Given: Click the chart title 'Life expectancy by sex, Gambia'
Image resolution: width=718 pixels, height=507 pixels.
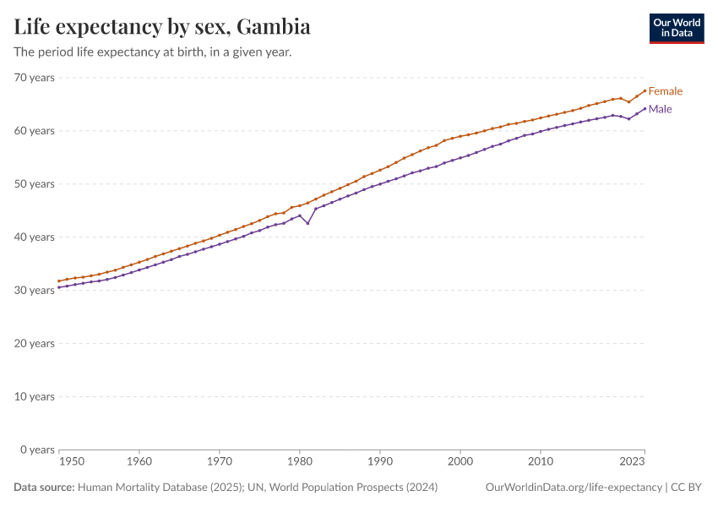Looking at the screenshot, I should click(x=162, y=27).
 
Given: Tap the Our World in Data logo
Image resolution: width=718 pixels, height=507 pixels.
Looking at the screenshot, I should click(x=676, y=28).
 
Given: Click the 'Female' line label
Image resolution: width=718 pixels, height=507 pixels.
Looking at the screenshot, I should click(x=665, y=91).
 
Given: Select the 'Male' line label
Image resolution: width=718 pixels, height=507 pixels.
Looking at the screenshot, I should click(x=660, y=109).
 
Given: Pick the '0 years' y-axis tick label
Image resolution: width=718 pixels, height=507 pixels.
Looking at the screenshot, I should click(x=37, y=450).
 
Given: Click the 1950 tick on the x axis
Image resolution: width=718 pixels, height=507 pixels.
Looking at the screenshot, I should click(x=72, y=462).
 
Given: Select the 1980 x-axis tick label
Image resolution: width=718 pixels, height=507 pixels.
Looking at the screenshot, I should click(x=299, y=462).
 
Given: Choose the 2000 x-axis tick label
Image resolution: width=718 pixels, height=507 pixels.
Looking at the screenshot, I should click(x=460, y=462).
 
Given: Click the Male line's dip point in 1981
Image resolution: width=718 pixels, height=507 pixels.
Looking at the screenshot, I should click(x=307, y=223).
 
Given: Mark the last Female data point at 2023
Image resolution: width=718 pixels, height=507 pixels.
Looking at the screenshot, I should click(x=645, y=90).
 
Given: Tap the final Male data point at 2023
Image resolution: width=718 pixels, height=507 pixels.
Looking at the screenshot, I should click(x=645, y=108).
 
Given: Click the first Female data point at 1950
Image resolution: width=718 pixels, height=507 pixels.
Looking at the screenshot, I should click(x=58, y=281).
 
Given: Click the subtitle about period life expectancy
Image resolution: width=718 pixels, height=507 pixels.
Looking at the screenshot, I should click(x=153, y=52).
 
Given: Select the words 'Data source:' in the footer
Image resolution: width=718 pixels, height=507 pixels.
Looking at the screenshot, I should click(x=44, y=488).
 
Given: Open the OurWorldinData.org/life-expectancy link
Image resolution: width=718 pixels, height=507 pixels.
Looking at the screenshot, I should click(x=574, y=488).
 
